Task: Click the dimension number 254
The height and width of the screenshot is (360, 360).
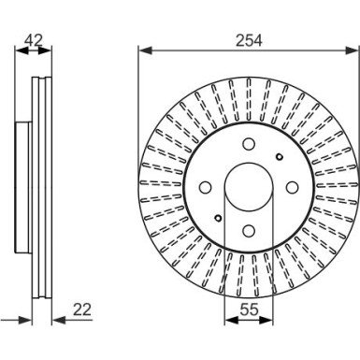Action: [x=248, y=40]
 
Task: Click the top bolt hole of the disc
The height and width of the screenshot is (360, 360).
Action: [x=248, y=144]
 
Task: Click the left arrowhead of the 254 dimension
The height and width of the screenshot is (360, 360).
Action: [x=141, y=51]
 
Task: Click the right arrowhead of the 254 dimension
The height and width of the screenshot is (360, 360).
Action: [x=354, y=51]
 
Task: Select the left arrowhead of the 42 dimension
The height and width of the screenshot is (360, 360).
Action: [x=21, y=51]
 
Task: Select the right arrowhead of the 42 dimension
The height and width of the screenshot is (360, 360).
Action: [x=50, y=51]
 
